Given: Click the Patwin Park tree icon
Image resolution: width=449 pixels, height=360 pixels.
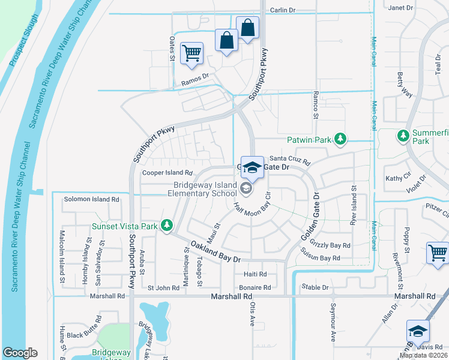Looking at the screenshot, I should pyautogui.click(x=340, y=140).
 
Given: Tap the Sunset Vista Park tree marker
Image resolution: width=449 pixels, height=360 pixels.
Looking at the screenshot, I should pyautogui.click(x=167, y=226).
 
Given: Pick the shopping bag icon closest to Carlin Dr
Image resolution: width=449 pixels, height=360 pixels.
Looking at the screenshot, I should pyautogui.click(x=247, y=28).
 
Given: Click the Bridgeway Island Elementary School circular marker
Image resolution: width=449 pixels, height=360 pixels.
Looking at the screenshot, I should pyautogui.click(x=246, y=190).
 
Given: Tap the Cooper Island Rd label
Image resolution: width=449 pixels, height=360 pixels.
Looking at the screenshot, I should pyautogui.click(x=166, y=173).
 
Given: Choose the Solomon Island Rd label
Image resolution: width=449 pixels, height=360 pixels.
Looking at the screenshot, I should pyautogui.click(x=92, y=199).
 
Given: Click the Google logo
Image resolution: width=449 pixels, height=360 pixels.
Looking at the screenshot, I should pyautogui.click(x=20, y=353).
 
